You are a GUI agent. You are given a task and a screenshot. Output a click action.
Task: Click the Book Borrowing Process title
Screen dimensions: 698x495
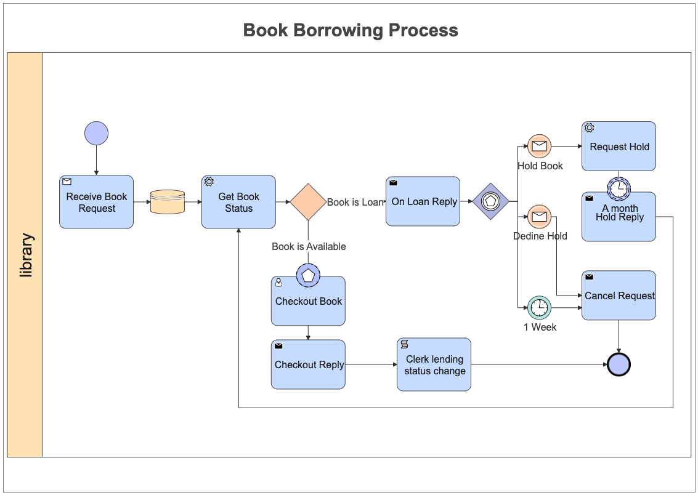click(x=351, y=30)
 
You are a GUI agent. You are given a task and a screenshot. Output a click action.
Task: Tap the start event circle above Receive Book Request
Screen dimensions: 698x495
click(x=96, y=133)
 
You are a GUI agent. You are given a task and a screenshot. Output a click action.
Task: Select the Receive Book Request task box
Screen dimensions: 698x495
click(x=96, y=202)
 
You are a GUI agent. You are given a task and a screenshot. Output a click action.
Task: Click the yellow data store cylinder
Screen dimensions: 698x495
click(x=168, y=202)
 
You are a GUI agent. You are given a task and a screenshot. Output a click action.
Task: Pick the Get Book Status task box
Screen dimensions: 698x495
click(x=238, y=202)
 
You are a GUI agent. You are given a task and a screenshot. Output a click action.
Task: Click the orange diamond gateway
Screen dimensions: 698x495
click(x=308, y=202)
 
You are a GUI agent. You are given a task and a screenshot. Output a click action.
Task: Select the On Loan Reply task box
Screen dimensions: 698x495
click(x=423, y=201)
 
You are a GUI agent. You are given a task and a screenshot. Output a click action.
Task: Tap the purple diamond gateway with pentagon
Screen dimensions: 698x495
click(x=490, y=201)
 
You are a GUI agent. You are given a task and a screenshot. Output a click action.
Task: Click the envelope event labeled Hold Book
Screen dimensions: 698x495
click(x=539, y=146)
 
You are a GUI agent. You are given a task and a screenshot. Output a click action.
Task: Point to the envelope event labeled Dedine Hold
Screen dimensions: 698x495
click(x=539, y=217)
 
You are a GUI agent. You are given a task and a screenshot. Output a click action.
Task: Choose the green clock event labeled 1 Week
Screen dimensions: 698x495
click(x=539, y=307)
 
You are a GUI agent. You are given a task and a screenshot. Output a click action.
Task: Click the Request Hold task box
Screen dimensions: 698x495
click(x=619, y=147)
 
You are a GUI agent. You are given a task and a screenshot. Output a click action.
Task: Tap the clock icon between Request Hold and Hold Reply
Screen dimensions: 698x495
click(x=619, y=188)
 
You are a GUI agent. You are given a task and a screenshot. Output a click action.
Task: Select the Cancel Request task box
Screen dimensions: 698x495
click(x=619, y=296)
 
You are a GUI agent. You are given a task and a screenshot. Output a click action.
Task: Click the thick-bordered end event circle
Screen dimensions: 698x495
click(x=619, y=364)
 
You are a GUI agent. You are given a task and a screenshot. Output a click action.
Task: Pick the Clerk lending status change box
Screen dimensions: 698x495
click(x=434, y=364)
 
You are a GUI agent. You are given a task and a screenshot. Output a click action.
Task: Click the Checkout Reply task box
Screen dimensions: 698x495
click(x=308, y=364)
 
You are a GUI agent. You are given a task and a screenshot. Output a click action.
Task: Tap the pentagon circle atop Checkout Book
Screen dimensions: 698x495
click(x=308, y=275)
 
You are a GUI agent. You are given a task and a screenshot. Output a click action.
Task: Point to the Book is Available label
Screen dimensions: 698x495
click(x=309, y=246)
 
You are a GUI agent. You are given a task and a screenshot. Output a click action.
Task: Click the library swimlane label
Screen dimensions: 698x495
click(x=26, y=255)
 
